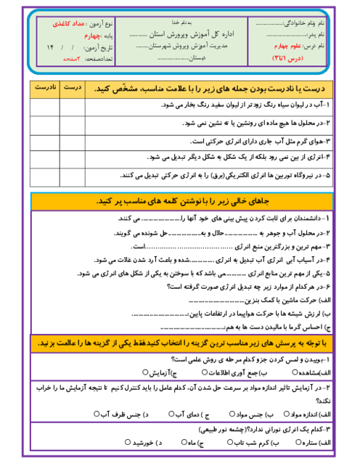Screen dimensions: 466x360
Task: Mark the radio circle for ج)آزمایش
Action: click(145, 372)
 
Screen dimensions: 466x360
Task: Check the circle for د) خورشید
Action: click(128, 441)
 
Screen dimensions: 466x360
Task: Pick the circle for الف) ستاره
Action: click(298, 441)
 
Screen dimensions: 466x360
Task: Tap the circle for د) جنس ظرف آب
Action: click(97, 414)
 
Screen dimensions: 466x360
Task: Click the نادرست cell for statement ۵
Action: click(44, 176)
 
